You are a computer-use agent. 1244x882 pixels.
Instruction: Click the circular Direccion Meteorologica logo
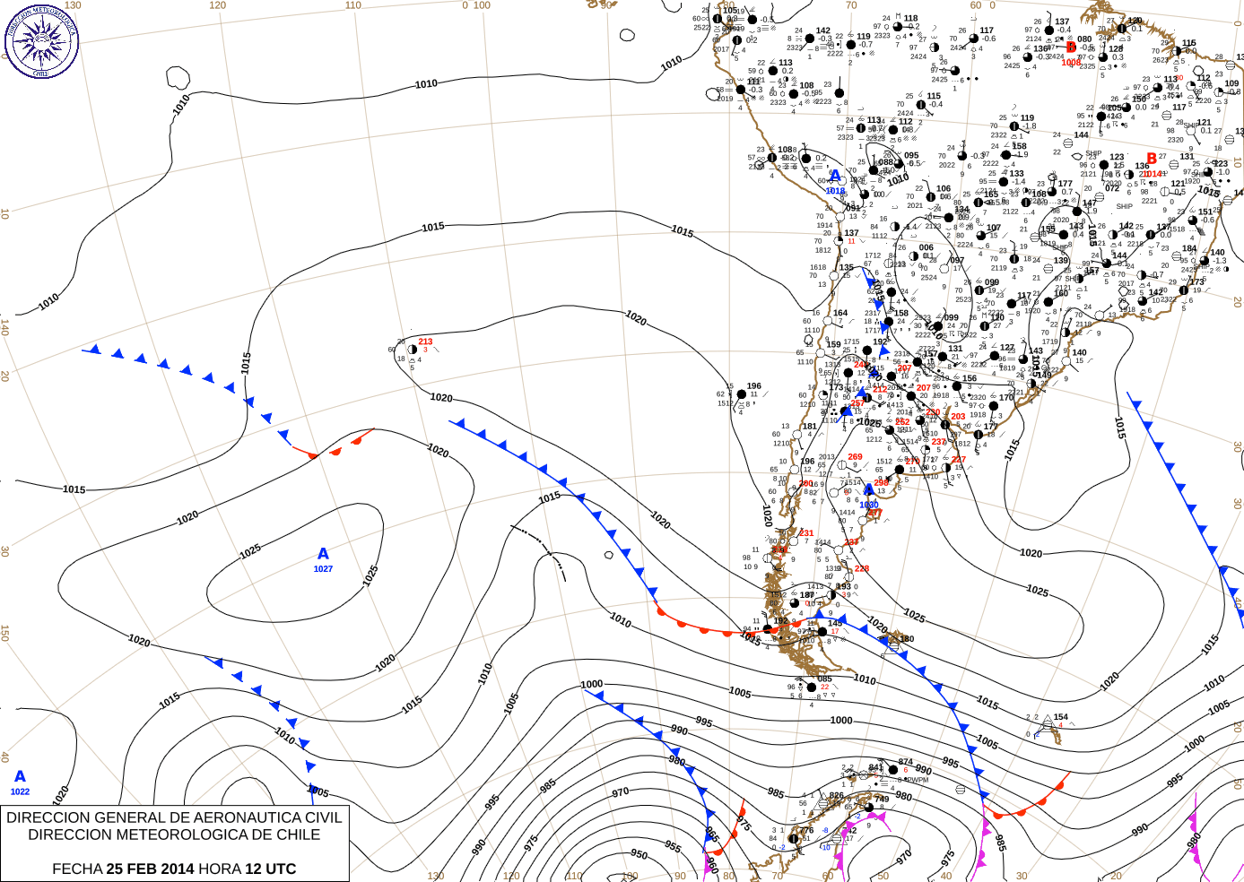point(41,40)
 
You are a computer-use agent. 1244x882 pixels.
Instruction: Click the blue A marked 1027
point(323,555)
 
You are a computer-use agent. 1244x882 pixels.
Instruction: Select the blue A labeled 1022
point(20,777)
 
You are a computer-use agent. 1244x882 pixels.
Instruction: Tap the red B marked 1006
point(1071,48)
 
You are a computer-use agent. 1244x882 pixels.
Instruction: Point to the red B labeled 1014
point(1152,160)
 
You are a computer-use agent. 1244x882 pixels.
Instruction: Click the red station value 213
point(425,342)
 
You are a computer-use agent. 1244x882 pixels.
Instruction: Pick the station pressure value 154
point(1061,717)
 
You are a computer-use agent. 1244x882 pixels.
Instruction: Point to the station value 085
point(825,679)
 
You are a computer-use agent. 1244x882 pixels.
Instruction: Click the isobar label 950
point(639,854)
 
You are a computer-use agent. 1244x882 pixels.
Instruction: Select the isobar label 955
point(673,846)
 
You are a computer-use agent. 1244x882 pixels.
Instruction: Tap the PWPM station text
point(917,780)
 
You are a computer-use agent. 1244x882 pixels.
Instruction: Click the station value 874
point(906,763)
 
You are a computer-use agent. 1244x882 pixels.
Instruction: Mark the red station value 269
point(855,457)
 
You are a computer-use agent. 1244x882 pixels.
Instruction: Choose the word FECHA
point(77,869)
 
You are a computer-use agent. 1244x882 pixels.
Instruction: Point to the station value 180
point(908,639)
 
